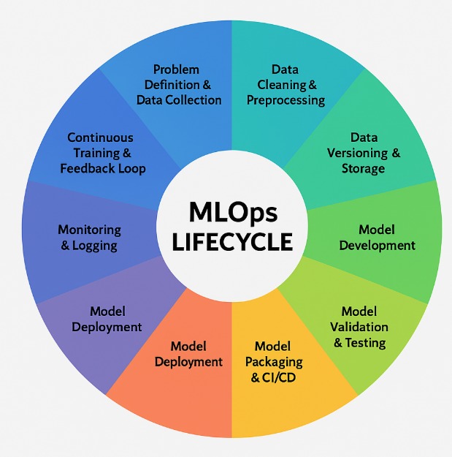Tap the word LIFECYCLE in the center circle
click(231, 241)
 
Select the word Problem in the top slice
click(176, 69)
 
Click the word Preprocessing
click(286, 100)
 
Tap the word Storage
click(363, 168)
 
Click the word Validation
click(359, 327)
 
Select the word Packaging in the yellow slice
click(278, 361)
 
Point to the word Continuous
click(100, 137)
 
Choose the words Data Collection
click(179, 100)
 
